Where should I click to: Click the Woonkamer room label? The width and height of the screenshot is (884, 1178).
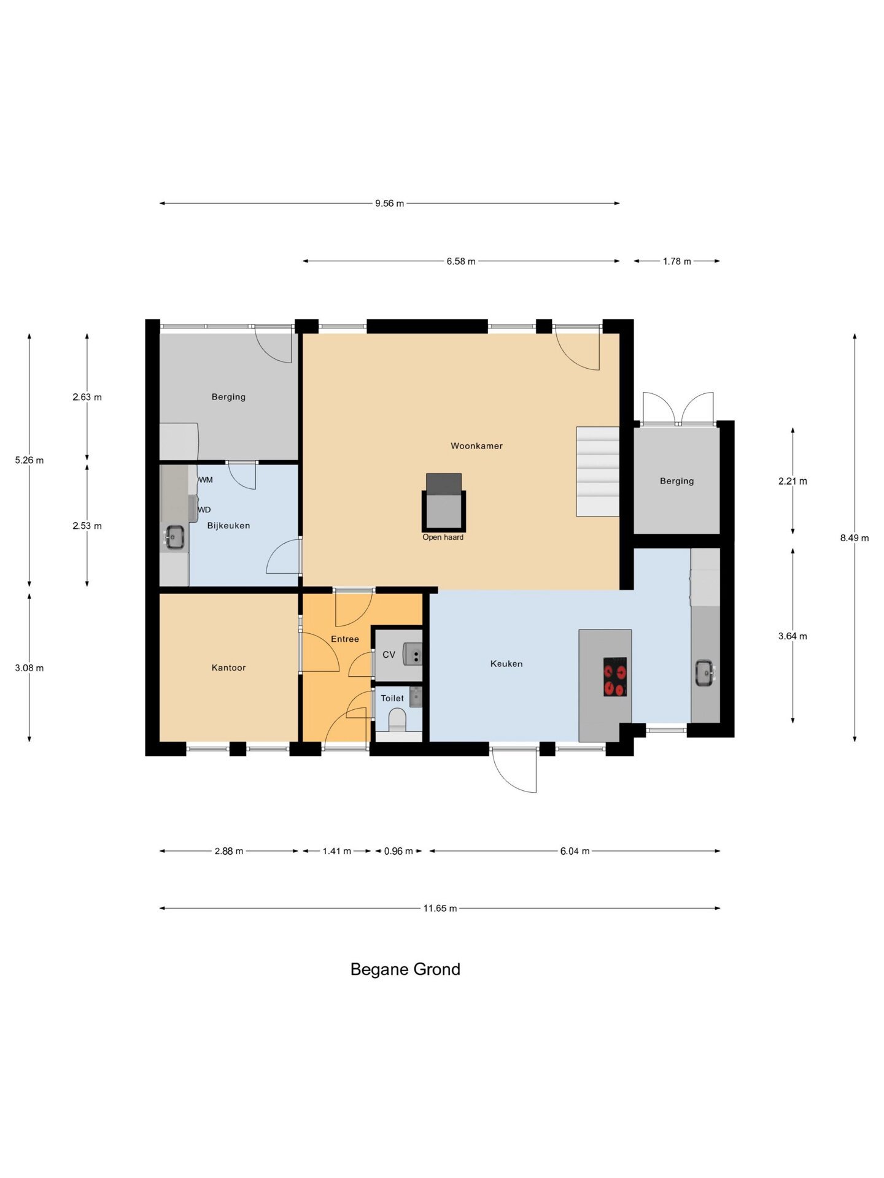pos(476,446)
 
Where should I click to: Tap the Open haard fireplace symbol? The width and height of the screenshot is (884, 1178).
pos(444,502)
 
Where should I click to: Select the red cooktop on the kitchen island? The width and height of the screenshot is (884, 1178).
pos(615,677)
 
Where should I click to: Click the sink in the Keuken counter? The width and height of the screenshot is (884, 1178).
pos(705,673)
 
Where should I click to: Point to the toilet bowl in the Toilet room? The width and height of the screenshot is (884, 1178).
pos(398,720)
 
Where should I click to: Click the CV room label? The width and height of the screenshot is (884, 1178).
pos(389,655)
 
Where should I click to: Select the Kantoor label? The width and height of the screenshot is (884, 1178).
pos(228,668)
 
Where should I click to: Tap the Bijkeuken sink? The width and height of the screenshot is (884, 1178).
pos(175,537)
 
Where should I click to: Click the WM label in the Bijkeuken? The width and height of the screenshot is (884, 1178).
pos(206,480)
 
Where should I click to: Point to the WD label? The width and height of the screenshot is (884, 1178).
pos(204,510)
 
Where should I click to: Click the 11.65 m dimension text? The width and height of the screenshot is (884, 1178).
pos(440,909)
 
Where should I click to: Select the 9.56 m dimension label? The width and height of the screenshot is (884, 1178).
pos(390,204)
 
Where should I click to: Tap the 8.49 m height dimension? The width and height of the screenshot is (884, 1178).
pos(855,538)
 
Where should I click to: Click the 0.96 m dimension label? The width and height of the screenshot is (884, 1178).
pos(398,851)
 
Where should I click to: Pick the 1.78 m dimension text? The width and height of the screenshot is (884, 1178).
pos(677,261)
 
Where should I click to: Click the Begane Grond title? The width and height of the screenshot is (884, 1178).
pos(405,969)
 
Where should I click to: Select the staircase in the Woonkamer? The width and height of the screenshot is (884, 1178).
pos(597,471)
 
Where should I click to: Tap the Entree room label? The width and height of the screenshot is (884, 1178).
pos(345,639)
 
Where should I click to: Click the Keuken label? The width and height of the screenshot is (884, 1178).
pos(506,664)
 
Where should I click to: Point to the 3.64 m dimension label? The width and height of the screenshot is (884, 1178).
pos(793,636)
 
